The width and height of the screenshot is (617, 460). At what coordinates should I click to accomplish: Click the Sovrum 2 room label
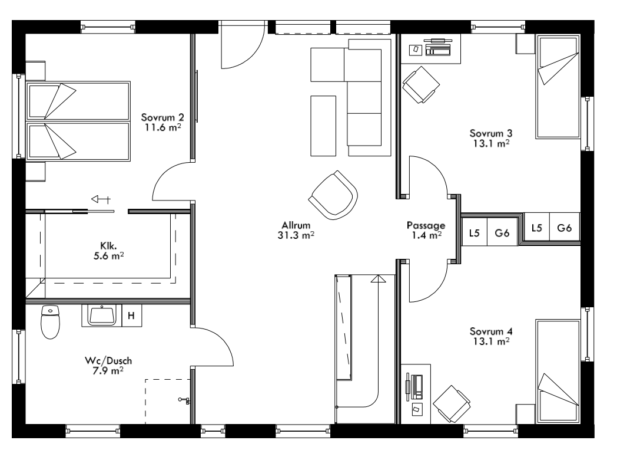[158, 117]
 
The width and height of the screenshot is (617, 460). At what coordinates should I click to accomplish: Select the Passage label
[426, 225]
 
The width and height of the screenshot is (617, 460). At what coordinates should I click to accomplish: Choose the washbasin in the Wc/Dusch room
[105, 315]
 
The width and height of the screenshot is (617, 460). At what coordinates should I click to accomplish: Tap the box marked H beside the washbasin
[131, 316]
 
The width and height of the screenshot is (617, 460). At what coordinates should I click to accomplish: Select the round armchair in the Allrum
[333, 195]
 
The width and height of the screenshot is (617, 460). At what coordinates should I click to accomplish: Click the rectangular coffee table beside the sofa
[323, 125]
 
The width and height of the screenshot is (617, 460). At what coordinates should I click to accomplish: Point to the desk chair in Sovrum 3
[421, 84]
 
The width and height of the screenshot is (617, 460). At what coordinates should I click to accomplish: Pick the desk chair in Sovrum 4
[452, 404]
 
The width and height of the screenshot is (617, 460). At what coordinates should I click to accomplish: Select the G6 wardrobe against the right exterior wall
[564, 228]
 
